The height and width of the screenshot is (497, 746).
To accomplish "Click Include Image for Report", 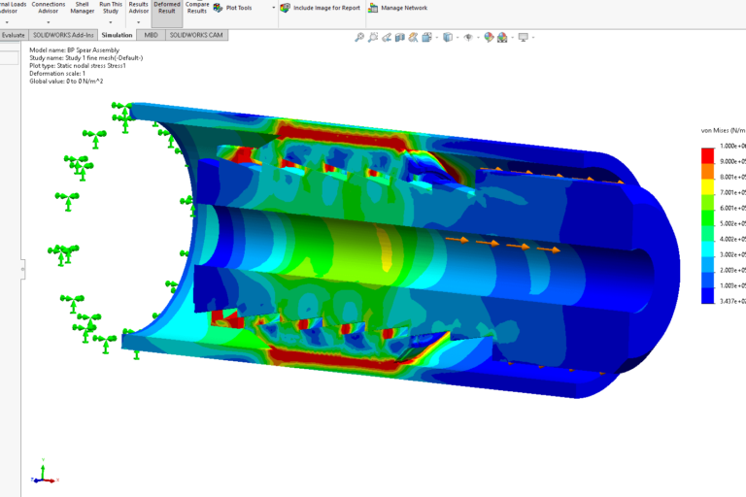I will (321, 8).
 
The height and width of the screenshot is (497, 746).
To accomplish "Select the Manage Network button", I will (399, 8).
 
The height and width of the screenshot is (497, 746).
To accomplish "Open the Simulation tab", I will (117, 35).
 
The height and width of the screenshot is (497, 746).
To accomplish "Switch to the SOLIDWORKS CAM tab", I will (195, 35).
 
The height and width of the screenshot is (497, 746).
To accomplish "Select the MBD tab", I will (151, 35).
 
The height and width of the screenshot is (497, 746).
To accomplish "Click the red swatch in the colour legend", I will (708, 155).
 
